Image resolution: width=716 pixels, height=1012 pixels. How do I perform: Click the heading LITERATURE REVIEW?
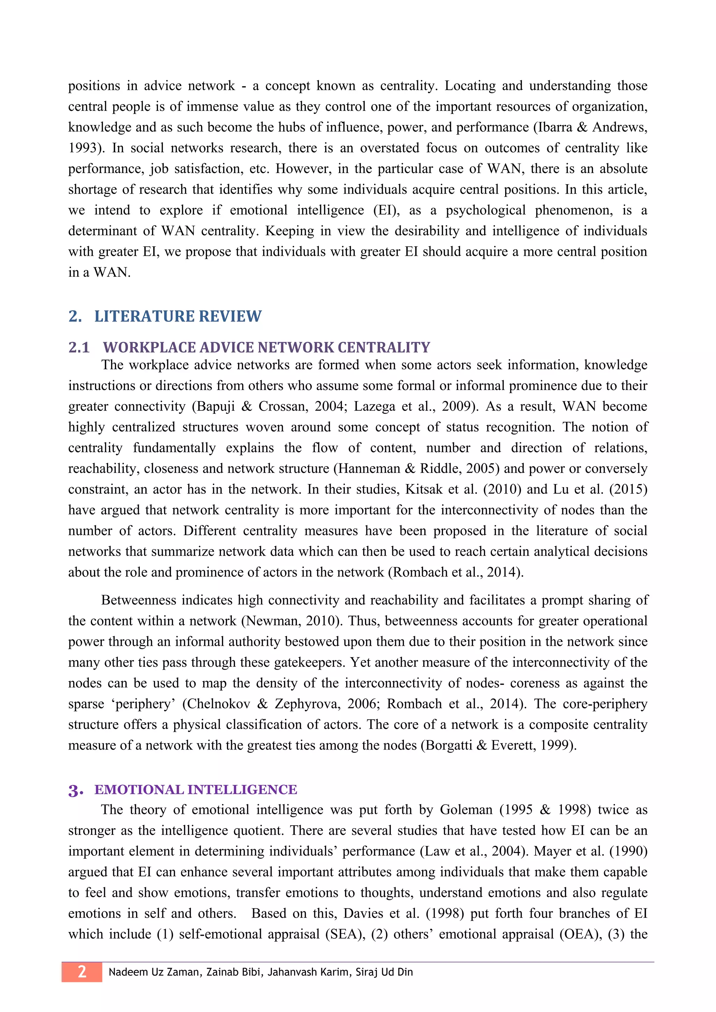tap(178, 317)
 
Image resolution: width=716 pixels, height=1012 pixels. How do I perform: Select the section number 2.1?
tap(79, 348)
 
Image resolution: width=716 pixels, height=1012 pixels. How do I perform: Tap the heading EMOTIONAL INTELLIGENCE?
tap(196, 789)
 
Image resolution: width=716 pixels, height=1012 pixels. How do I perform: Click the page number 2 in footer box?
tap(82, 971)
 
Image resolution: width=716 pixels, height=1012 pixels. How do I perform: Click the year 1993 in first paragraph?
tap(84, 148)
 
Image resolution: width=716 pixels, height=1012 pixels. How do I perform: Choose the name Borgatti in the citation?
tap(449, 745)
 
